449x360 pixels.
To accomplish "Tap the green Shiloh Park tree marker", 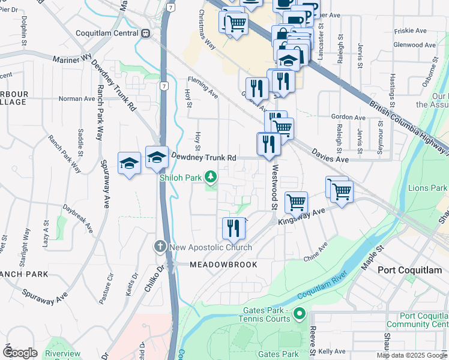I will [211, 176].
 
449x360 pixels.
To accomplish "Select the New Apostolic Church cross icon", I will [160, 247].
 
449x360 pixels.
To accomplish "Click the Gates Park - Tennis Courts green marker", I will [301, 313].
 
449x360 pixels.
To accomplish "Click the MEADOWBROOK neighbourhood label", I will [223, 265].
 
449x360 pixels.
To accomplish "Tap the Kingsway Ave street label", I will [301, 217].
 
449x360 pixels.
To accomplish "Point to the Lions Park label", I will [427, 188].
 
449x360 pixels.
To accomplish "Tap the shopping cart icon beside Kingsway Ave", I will [296, 202].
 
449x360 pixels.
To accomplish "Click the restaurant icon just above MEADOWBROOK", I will [234, 227].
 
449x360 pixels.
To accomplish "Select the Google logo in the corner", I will [20, 353].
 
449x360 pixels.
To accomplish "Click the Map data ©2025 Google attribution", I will [411, 355].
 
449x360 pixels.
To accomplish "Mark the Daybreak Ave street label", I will [78, 220].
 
